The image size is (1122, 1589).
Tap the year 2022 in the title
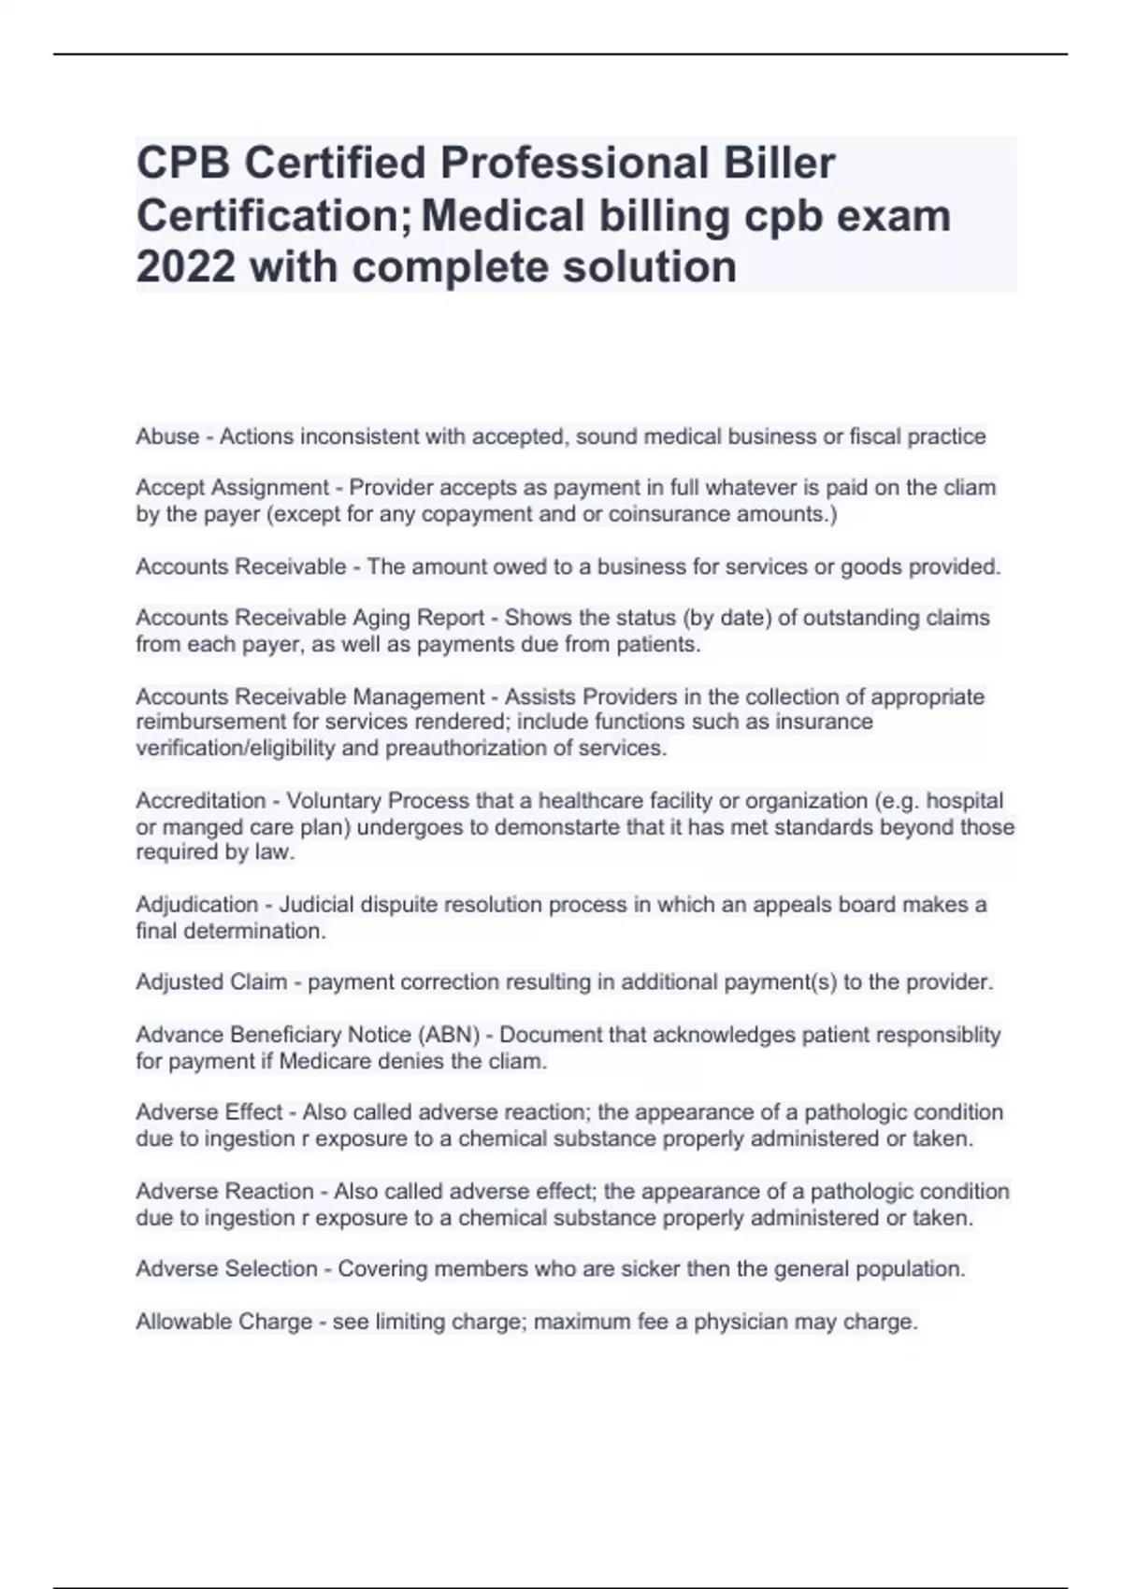pos(185,267)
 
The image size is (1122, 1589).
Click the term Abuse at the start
pos(167,437)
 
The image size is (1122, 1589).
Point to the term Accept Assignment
pos(233,488)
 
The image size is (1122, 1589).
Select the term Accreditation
pos(201,801)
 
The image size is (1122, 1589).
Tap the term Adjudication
pos(196,905)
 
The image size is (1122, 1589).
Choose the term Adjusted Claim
pos(211,982)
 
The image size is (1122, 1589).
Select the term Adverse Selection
pos(227,1269)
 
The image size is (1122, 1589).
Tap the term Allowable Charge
pos(223,1322)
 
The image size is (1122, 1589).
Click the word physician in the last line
pos(741,1322)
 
